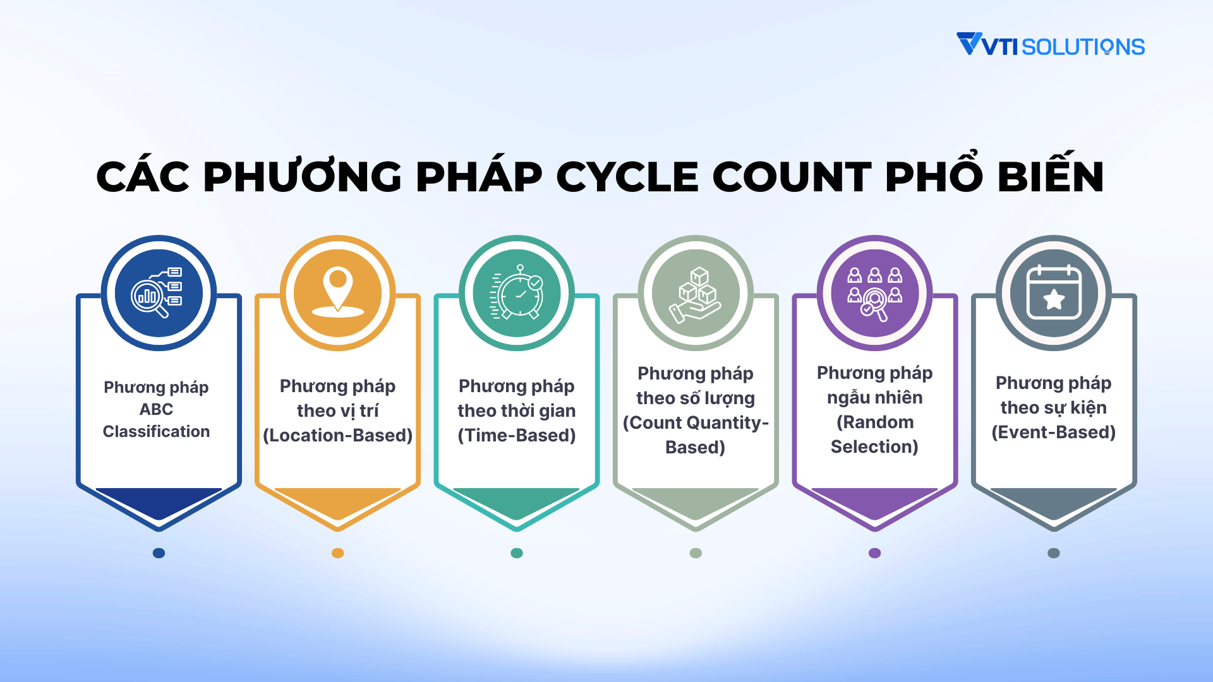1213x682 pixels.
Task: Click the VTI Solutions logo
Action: click(1050, 45)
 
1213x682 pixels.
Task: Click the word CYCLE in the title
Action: click(627, 177)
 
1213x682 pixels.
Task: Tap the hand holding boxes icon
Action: click(696, 294)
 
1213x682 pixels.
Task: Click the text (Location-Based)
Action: click(338, 435)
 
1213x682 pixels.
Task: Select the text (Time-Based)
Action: click(517, 435)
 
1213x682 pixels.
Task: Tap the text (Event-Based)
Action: click(1054, 432)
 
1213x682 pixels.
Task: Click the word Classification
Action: click(157, 431)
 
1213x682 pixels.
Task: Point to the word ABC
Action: click(157, 409)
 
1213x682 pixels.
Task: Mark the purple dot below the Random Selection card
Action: click(875, 553)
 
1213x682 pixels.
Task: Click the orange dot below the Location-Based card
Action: click(338, 553)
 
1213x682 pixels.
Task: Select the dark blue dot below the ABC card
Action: click(159, 553)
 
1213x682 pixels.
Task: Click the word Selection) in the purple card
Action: click(875, 446)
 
